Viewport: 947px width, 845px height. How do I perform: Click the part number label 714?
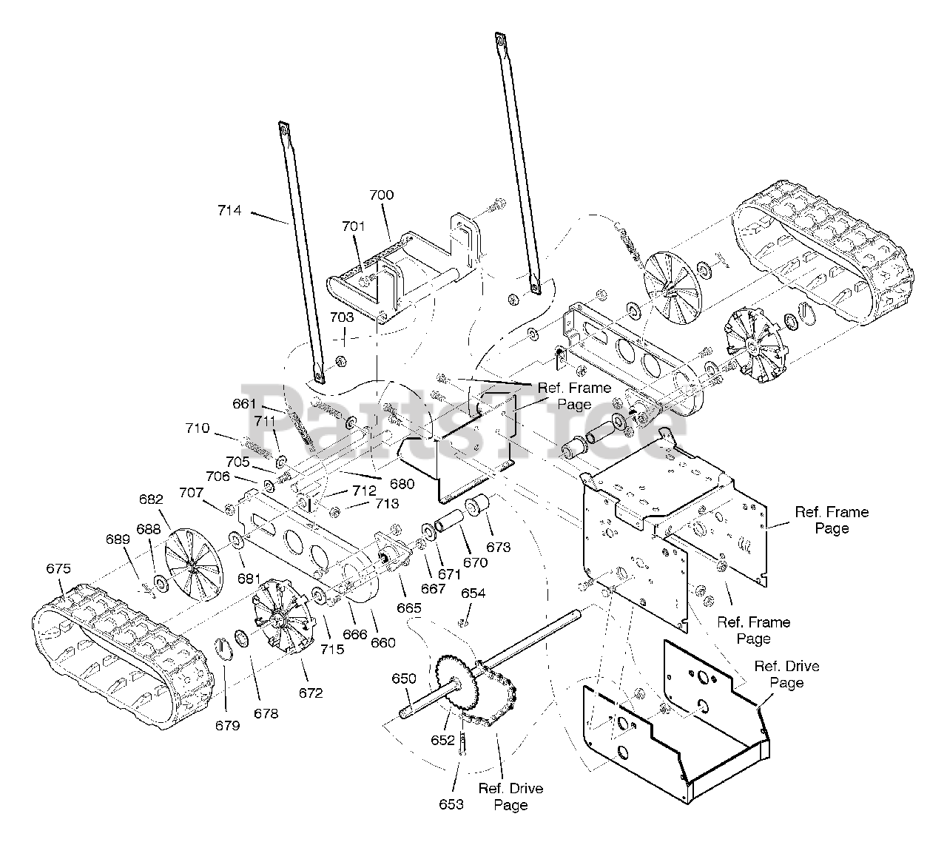click(x=229, y=210)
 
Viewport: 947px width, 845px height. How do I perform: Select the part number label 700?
click(x=382, y=195)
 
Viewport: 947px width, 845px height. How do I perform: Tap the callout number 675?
click(x=58, y=569)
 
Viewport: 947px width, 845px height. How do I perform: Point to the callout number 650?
click(x=405, y=679)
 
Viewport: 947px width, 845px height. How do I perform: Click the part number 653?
click(x=451, y=804)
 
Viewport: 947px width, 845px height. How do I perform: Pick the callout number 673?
click(x=499, y=548)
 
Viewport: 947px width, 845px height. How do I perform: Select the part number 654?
click(x=473, y=593)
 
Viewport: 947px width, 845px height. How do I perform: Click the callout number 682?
click(x=152, y=499)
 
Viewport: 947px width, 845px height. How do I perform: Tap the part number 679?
click(x=229, y=726)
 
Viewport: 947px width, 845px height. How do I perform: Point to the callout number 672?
click(x=311, y=693)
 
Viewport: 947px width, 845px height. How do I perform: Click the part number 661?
click(x=244, y=404)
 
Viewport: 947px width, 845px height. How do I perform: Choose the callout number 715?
click(x=332, y=650)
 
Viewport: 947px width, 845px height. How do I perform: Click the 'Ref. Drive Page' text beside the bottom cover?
click(x=786, y=674)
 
